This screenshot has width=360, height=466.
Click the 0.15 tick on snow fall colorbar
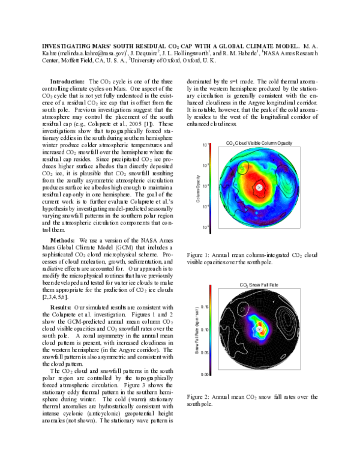pyautogui.click(x=205, y=306)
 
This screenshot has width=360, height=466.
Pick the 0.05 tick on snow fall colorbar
pyautogui.click(x=205, y=353)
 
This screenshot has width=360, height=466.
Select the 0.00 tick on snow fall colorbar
pyautogui.click(x=205, y=374)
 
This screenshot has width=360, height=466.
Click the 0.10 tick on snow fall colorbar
pyautogui.click(x=205, y=330)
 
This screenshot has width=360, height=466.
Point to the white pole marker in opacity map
pyautogui.click(x=259, y=187)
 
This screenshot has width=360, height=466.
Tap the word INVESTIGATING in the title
pyautogui.click(x=70, y=46)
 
